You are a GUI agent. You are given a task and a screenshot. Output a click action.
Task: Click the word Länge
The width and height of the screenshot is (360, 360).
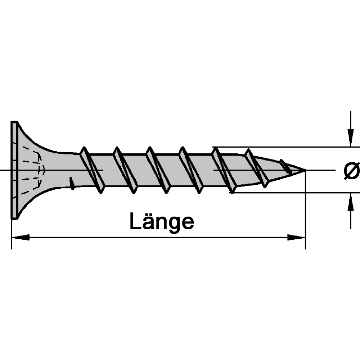click(162, 221)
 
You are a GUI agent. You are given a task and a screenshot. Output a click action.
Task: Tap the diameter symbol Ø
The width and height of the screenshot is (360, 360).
click(351, 171)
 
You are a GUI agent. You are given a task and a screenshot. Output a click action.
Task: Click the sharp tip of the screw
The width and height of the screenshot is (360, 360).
click(305, 170)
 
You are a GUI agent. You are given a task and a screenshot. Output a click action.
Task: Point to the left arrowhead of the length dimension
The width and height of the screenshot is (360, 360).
click(21, 237)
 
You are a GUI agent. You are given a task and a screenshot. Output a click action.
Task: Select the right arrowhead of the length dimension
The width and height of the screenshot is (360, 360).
click(296, 237)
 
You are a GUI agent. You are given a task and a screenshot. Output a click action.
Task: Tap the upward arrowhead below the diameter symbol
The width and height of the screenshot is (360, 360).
click(350, 202)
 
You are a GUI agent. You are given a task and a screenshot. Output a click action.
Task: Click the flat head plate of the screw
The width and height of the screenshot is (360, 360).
click(14, 170)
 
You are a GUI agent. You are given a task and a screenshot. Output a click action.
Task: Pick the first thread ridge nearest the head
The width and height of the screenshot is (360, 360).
click(92, 170)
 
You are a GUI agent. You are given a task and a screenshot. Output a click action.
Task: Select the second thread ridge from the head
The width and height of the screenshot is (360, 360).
click(125, 170)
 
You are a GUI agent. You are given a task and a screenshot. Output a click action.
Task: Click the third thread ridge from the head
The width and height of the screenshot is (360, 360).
click(158, 170)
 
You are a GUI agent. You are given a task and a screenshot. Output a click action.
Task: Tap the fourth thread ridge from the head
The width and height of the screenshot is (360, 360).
click(191, 170)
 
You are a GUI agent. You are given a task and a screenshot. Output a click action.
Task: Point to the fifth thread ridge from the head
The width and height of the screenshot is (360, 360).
click(224, 170)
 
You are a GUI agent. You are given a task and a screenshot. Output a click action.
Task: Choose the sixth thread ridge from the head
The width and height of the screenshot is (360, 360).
click(256, 168)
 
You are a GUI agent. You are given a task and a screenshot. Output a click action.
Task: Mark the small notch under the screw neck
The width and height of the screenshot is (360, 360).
click(72, 183)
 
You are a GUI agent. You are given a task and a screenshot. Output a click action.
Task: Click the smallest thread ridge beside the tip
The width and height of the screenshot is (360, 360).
click(285, 166)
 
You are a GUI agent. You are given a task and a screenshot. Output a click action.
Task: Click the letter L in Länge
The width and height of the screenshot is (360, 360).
click(135, 221)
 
